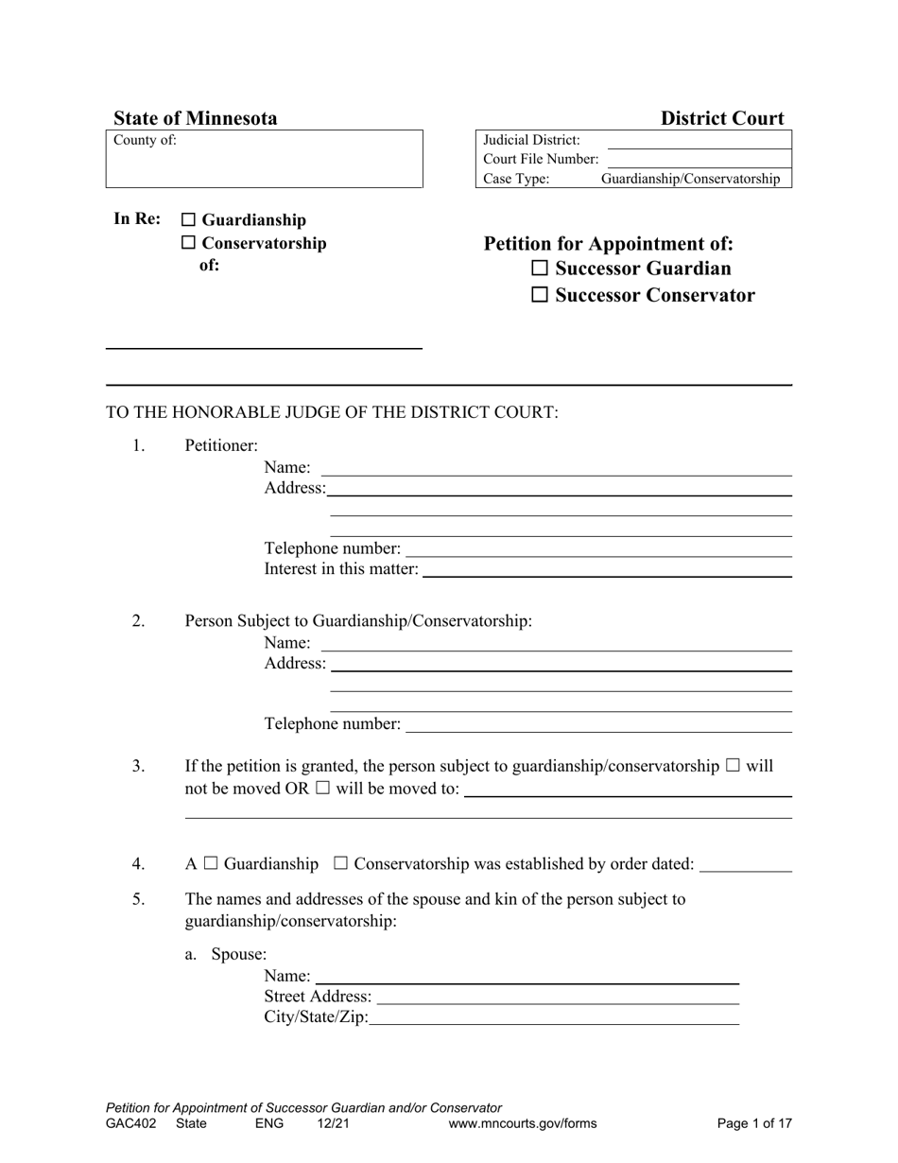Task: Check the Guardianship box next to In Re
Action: (188, 220)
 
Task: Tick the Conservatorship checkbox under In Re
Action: (188, 243)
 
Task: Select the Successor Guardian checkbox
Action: (540, 269)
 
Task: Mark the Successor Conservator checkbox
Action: (540, 295)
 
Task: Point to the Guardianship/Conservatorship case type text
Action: (690, 179)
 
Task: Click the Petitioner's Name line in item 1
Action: (556, 468)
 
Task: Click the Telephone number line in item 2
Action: (597, 724)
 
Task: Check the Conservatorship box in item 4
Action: (341, 863)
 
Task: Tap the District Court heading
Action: (722, 118)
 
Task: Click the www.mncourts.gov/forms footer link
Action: (523, 1124)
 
